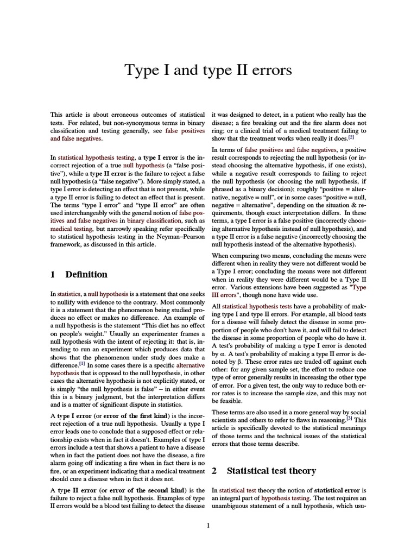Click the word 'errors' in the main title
click(266, 71)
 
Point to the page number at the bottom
click(208, 525)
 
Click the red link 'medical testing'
click(70, 229)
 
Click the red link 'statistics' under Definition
click(69, 294)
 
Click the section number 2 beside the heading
click(214, 470)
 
